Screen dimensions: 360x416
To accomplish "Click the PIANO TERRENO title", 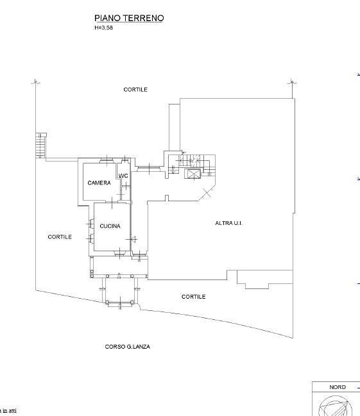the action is point(129,18).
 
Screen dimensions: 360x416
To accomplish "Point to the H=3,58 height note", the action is point(103,28).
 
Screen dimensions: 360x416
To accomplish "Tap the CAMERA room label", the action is point(99,183).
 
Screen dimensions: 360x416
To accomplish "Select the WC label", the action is point(123,176).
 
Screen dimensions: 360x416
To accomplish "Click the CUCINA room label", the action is point(110,226).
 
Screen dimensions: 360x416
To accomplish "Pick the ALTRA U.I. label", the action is point(228,223).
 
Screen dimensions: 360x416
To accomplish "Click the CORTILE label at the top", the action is point(135,90).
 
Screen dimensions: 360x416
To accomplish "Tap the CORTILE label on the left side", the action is point(60,237).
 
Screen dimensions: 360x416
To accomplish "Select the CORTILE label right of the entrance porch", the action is point(193,297).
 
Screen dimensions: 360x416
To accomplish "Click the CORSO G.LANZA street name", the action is point(128,347).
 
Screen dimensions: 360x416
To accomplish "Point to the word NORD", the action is point(338,387).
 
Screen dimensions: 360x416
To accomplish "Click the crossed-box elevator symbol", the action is point(193,174).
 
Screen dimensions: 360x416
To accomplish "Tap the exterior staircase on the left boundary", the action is point(41,146).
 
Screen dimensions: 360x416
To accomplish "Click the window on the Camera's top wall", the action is point(107,160).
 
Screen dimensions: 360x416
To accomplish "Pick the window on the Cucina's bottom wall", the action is point(120,253).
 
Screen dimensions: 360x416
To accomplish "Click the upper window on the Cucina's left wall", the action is point(92,224).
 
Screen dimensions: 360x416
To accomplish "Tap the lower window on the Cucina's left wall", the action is point(92,238).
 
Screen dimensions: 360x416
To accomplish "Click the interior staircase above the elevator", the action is point(192,160).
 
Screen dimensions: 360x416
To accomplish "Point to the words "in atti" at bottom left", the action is point(11,411).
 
